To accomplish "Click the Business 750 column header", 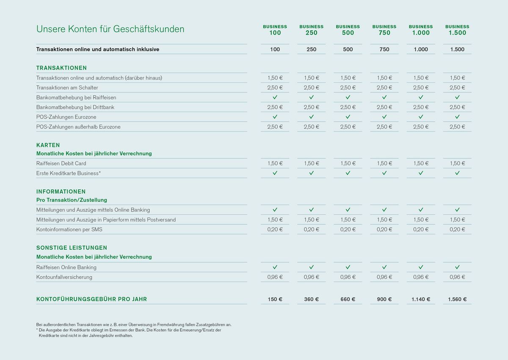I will click(384, 30).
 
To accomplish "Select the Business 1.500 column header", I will click(457, 30).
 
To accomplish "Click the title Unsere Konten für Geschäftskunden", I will click(110, 29).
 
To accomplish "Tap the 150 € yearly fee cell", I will click(275, 299).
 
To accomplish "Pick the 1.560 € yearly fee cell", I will click(457, 299).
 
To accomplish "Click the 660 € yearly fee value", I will click(348, 299).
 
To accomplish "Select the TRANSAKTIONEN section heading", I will click(61, 68).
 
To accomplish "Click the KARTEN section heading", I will click(48, 145).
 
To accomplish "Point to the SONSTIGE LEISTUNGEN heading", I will click(72, 248).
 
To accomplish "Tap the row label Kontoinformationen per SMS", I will click(69, 229).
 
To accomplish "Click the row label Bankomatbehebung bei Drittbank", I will click(75, 107).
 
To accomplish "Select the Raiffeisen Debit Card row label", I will click(61, 163).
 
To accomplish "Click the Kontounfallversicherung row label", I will click(64, 277).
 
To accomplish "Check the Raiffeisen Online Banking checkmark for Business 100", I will click(275, 267).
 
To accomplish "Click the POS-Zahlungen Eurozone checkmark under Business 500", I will click(348, 116).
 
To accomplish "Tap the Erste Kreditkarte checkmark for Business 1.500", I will click(457, 173).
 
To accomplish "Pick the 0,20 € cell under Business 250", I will click(311, 229).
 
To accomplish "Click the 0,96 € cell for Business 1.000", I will click(421, 277).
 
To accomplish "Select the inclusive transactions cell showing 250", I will click(311, 49).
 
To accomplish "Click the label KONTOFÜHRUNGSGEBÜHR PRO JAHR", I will click(91, 299).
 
